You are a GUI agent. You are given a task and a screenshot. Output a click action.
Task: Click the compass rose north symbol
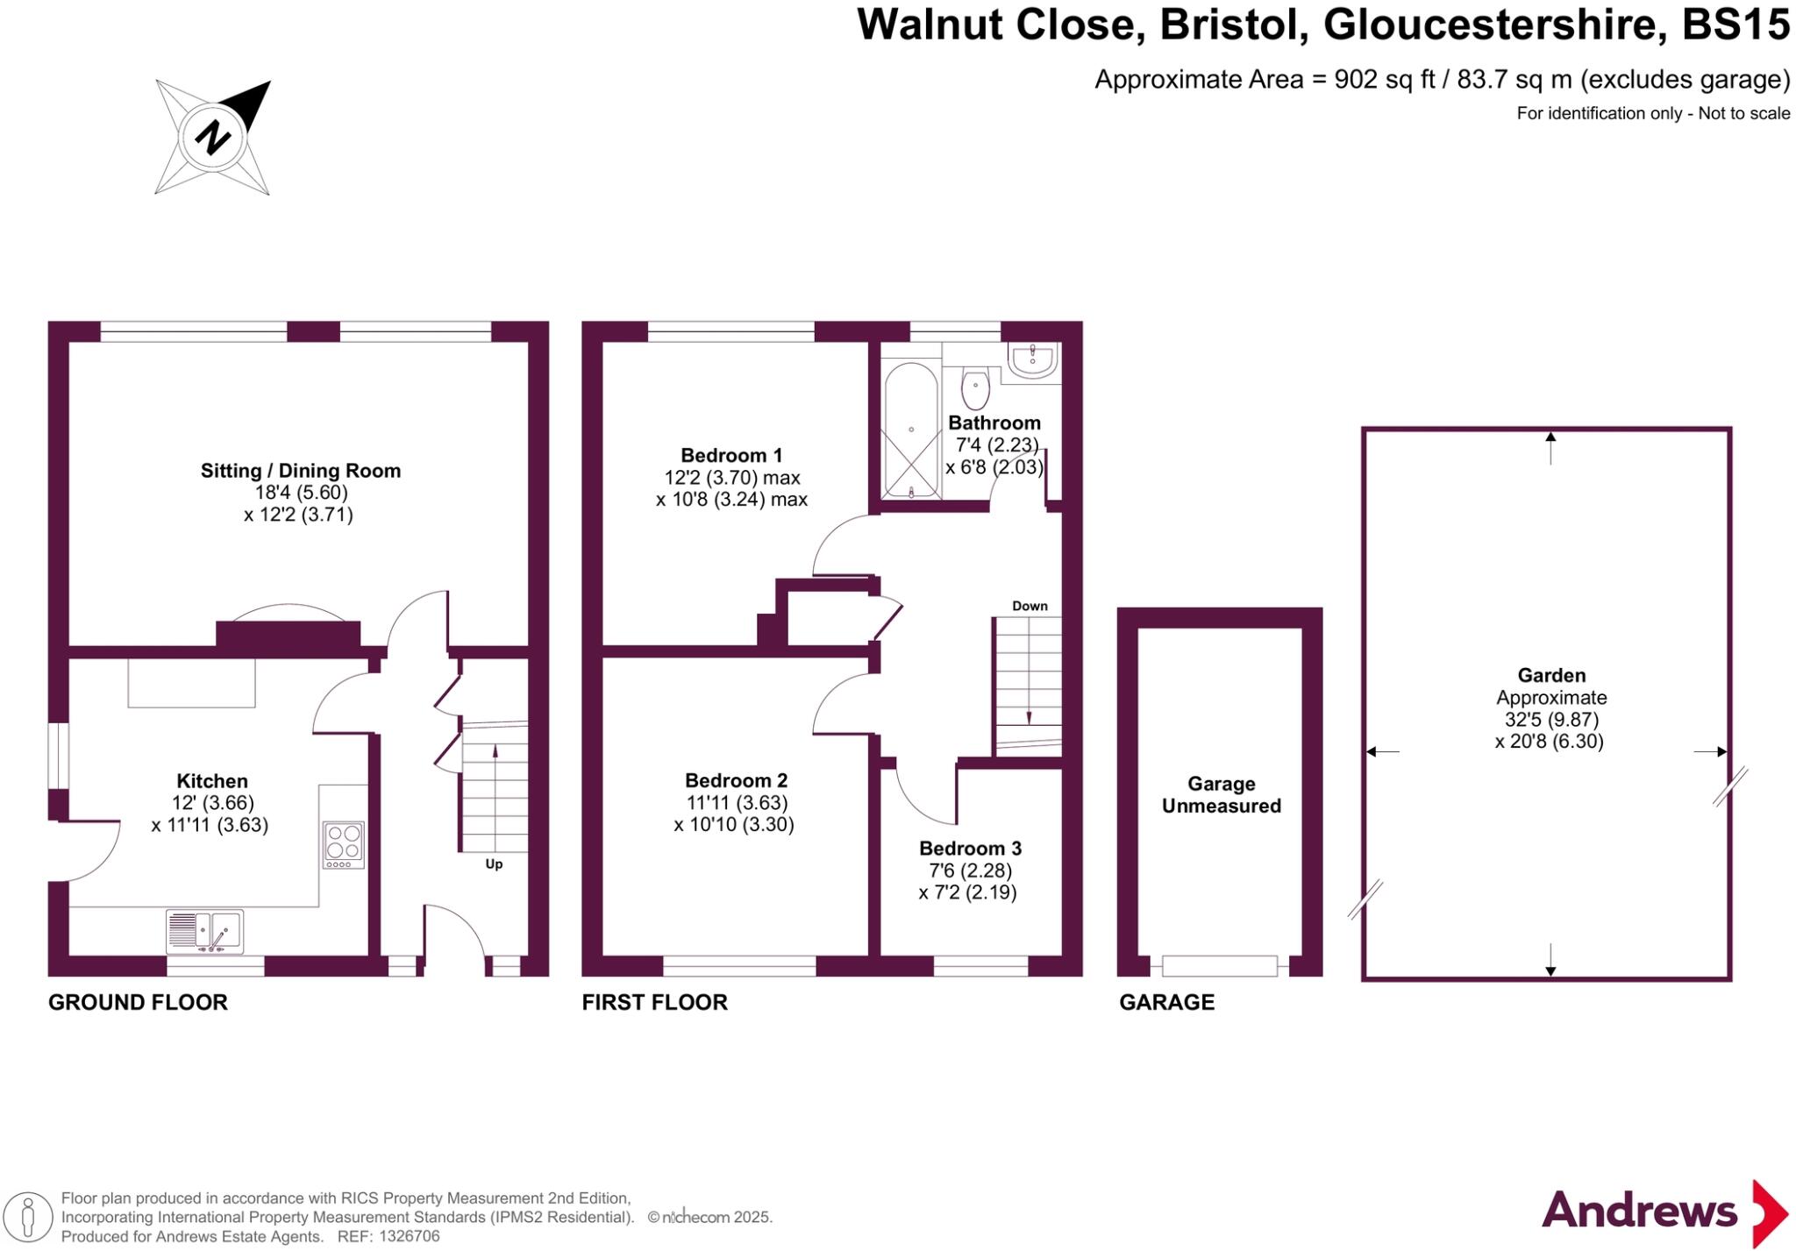pyautogui.click(x=213, y=137)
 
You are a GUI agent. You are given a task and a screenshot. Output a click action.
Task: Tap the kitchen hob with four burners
pyautogui.click(x=344, y=844)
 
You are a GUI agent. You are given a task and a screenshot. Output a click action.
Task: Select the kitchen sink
pyautogui.click(x=205, y=931)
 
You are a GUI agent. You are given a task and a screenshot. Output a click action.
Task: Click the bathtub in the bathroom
pyautogui.click(x=911, y=430)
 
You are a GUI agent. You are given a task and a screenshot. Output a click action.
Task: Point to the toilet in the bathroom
pyautogui.click(x=975, y=387)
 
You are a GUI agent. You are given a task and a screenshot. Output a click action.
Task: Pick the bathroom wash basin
pyautogui.click(x=1032, y=359)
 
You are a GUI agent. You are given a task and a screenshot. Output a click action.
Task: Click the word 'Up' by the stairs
pyautogui.click(x=494, y=864)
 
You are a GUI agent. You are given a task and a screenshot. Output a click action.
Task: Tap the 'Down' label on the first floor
pyautogui.click(x=1030, y=606)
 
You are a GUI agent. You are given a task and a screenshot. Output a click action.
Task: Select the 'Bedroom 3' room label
pyautogui.click(x=970, y=848)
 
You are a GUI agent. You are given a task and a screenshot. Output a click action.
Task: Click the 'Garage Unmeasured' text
pyautogui.click(x=1221, y=795)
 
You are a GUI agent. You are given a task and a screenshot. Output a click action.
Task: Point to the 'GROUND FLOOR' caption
pyautogui.click(x=138, y=1002)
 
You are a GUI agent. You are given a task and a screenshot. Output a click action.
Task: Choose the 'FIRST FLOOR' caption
pyautogui.click(x=654, y=1002)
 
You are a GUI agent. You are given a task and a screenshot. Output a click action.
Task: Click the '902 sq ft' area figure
pyautogui.click(x=1385, y=80)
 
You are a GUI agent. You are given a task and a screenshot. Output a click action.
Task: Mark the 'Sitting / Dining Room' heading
pyautogui.click(x=301, y=471)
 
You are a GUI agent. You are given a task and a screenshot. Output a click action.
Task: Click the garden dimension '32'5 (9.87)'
pyautogui.click(x=1551, y=720)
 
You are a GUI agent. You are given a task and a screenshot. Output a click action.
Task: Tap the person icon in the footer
pyautogui.click(x=28, y=1218)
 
